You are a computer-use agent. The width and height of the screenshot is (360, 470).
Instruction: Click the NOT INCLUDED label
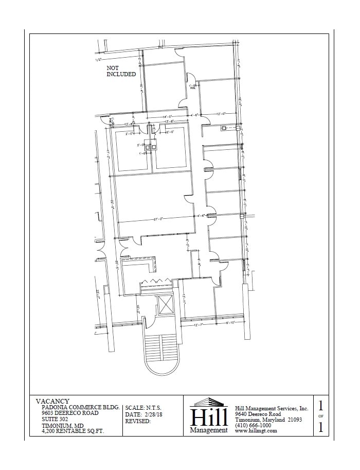(x=121, y=71)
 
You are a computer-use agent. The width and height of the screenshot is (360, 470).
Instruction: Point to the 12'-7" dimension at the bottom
(x=200, y=324)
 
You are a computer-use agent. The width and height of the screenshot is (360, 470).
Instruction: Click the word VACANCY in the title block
(x=52, y=401)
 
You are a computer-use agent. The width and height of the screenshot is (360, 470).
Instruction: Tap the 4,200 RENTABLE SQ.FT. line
(x=73, y=431)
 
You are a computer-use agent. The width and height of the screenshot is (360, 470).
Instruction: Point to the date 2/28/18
(x=146, y=414)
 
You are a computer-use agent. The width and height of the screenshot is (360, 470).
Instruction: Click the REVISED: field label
(x=138, y=421)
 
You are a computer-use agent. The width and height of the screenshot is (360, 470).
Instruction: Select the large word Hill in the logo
(x=208, y=416)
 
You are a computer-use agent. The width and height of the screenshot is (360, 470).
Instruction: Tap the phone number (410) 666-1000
(x=253, y=425)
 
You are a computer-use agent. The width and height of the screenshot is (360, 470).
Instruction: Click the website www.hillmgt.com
(x=256, y=431)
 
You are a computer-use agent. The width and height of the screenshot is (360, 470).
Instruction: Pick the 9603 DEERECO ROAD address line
(x=69, y=413)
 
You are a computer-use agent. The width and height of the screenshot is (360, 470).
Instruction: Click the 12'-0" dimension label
(x=222, y=113)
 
